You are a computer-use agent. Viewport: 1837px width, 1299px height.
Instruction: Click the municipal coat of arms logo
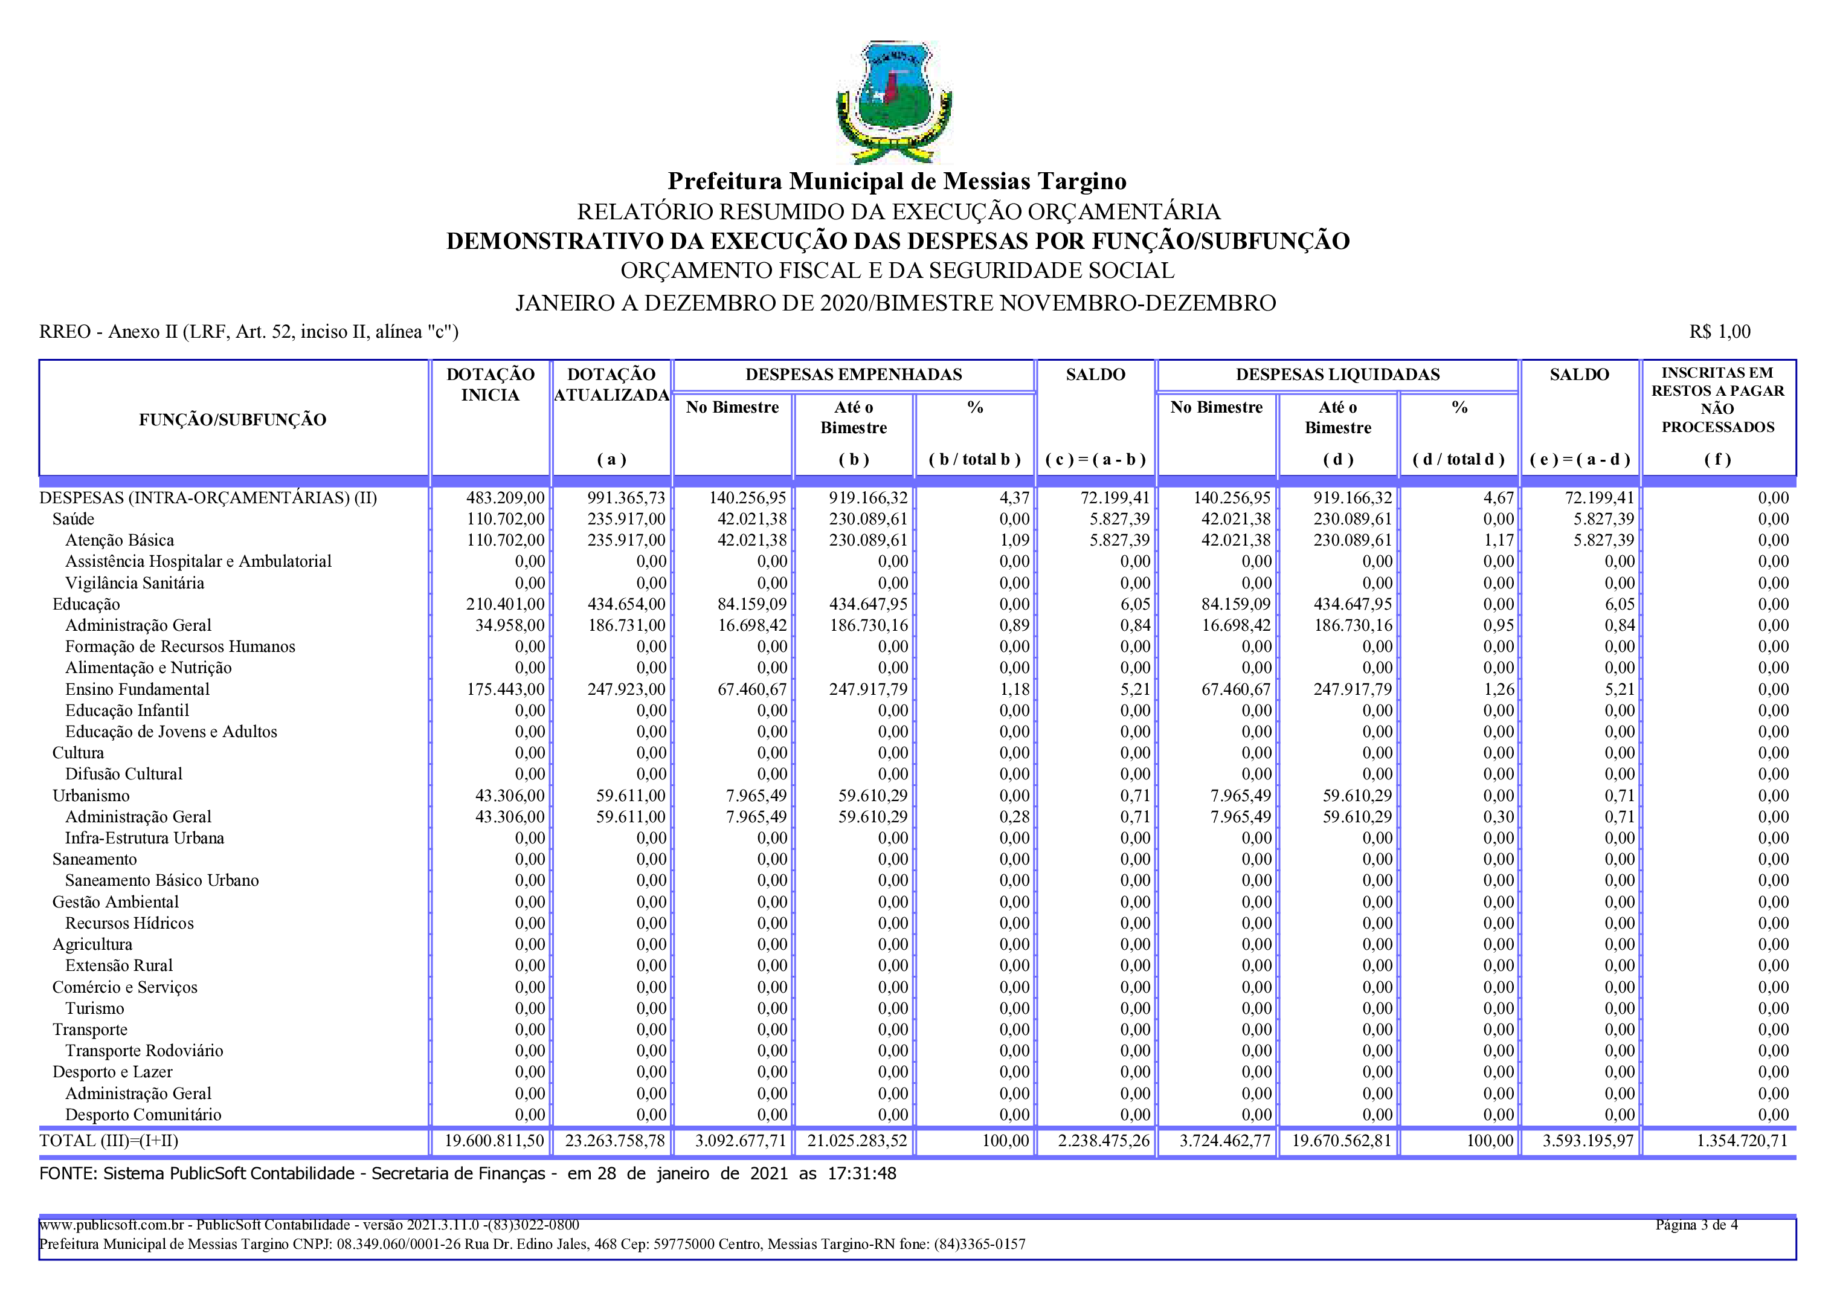point(893,101)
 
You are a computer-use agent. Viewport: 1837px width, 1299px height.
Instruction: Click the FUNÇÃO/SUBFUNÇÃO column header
point(232,419)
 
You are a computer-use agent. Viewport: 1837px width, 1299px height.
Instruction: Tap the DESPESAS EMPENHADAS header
point(853,374)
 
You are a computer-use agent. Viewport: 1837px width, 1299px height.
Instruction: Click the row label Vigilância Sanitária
point(135,582)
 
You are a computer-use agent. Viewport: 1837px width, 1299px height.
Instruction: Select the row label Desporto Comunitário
point(143,1114)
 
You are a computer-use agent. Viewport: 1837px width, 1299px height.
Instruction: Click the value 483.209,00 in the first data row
point(505,498)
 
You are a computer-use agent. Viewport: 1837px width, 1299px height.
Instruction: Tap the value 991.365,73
point(626,498)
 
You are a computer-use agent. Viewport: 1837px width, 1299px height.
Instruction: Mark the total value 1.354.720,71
point(1742,1141)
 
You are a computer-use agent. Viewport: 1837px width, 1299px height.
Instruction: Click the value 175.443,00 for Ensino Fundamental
point(505,689)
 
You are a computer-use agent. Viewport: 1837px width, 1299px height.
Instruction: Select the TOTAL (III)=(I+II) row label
point(109,1141)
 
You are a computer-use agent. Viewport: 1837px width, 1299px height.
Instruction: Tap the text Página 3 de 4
point(1696,1225)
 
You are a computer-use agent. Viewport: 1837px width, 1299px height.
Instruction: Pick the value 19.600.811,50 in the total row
point(494,1141)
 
